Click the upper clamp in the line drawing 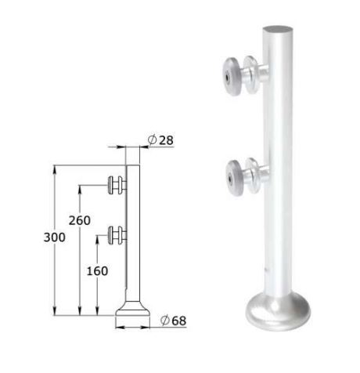click(x=116, y=186)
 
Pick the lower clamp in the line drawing click(x=116, y=234)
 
